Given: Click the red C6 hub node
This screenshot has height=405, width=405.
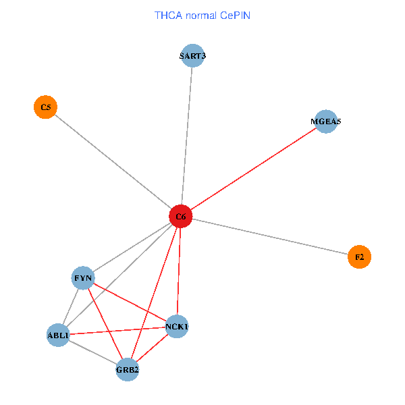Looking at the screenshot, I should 180,217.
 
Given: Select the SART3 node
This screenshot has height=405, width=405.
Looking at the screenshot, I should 192,56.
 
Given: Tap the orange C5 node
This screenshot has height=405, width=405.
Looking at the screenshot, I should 45,107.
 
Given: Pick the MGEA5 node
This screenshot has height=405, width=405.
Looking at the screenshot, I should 326,122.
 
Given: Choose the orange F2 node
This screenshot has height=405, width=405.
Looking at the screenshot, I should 359,256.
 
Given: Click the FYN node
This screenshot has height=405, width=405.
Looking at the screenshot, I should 84,278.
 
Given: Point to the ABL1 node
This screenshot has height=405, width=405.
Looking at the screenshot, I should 58,335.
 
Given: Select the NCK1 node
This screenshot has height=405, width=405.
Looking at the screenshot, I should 176,327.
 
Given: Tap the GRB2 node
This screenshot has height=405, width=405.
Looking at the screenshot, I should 127,369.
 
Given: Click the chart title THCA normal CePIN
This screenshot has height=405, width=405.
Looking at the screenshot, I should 202,15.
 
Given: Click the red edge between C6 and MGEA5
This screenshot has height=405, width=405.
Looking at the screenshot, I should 253,169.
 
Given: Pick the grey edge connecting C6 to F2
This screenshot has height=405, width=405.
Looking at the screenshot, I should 270,237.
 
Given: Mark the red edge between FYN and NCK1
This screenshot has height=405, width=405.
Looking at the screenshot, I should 130,302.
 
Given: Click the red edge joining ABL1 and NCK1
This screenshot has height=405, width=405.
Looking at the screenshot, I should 117,331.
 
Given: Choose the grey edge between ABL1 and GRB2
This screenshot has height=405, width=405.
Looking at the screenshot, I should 92,352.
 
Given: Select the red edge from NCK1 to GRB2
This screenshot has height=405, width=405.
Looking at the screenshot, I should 152,348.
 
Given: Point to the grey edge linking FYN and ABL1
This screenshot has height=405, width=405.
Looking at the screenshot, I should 71,306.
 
